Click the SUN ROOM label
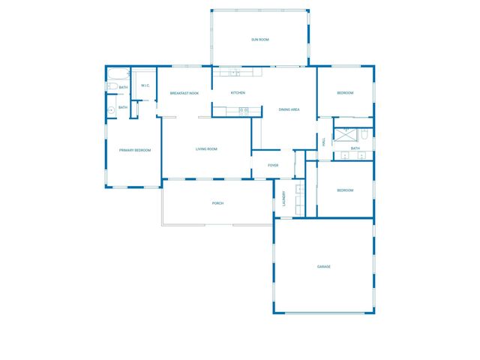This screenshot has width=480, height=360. click(259, 39)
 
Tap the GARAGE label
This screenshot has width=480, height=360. click(324, 267)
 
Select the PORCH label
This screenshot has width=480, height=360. click(217, 203)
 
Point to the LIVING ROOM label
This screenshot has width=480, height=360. click(206, 149)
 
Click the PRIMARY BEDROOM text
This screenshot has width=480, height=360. click(135, 150)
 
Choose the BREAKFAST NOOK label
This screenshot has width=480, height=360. click(184, 93)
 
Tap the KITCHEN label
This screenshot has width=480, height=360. click(238, 93)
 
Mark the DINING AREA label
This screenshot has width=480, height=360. click(289, 110)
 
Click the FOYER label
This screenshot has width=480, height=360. click(273, 165)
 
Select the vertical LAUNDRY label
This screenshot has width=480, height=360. click(283, 199)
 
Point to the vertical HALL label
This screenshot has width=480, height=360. click(323, 141)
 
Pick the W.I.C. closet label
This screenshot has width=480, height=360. click(145, 85)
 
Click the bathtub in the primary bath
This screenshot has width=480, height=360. click(118, 75)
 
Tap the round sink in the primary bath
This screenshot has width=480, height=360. click(112, 109)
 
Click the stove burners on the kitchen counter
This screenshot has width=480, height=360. click(244, 110)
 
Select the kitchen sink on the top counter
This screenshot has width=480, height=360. click(235, 73)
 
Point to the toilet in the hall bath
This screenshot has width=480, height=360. click(363, 135)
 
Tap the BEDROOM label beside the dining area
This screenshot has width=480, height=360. click(345, 93)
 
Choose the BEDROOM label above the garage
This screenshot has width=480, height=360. click(345, 190)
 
